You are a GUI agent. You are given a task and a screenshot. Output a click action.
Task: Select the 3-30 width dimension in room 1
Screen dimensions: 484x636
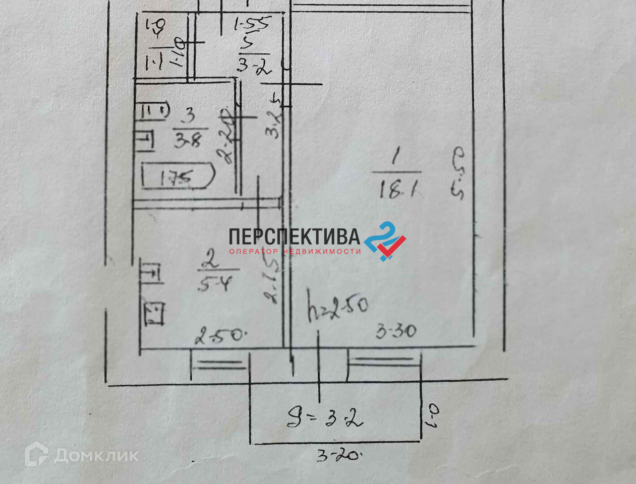pos(396,331)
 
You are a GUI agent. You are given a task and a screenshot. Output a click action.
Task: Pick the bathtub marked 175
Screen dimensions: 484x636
pos(178,176)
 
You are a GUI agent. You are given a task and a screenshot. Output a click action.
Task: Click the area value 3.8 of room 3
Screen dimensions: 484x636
pos(187,141)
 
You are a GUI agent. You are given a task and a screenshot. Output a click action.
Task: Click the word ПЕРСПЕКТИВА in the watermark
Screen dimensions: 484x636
pos(294,236)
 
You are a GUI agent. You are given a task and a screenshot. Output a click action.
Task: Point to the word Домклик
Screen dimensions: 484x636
pos(96,456)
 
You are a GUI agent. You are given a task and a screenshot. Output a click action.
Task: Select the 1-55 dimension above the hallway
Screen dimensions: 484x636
pos(252,23)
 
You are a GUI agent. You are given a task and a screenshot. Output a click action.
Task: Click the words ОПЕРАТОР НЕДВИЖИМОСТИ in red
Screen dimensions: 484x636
pos(295,251)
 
